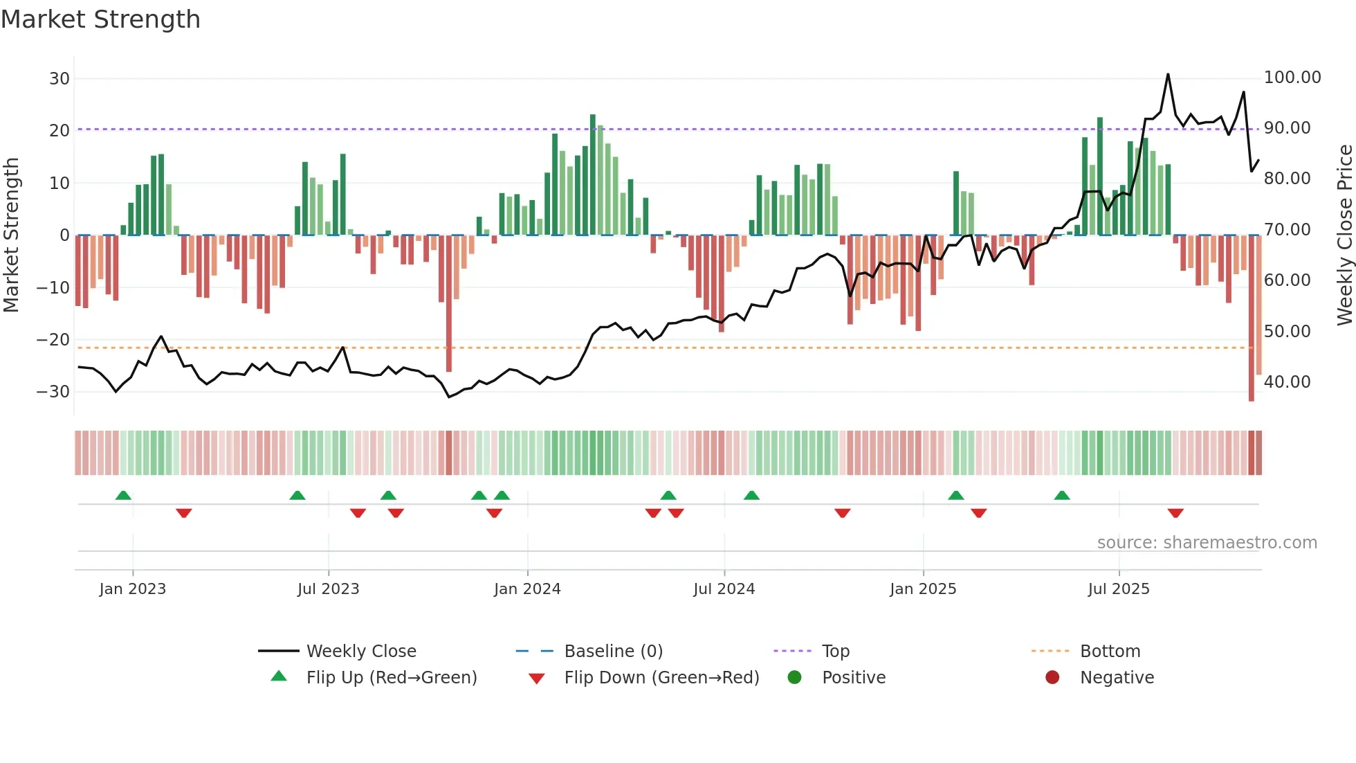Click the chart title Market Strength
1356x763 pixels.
[x=100, y=19]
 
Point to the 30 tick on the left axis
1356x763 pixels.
[x=59, y=79]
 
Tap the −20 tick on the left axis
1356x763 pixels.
[x=53, y=340]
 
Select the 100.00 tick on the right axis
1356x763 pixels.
[x=1292, y=78]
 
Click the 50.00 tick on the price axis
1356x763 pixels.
[x=1287, y=332]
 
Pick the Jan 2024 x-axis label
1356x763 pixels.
[x=527, y=589]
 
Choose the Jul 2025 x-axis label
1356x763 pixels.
[x=1118, y=589]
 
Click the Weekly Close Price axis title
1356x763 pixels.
[x=1344, y=235]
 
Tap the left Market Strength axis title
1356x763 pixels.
[x=11, y=235]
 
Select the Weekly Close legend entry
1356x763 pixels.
[x=360, y=652]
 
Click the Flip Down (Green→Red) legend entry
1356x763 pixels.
[x=661, y=678]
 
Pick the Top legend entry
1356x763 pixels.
[x=835, y=652]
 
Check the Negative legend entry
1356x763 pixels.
[x=1116, y=678]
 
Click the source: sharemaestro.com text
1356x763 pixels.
[x=1207, y=543]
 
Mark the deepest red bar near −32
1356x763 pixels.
[x=1251, y=318]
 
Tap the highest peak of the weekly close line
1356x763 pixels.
[x=1168, y=75]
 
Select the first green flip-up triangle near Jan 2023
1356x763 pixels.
[x=123, y=495]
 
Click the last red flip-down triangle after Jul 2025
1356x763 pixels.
[x=1175, y=513]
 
